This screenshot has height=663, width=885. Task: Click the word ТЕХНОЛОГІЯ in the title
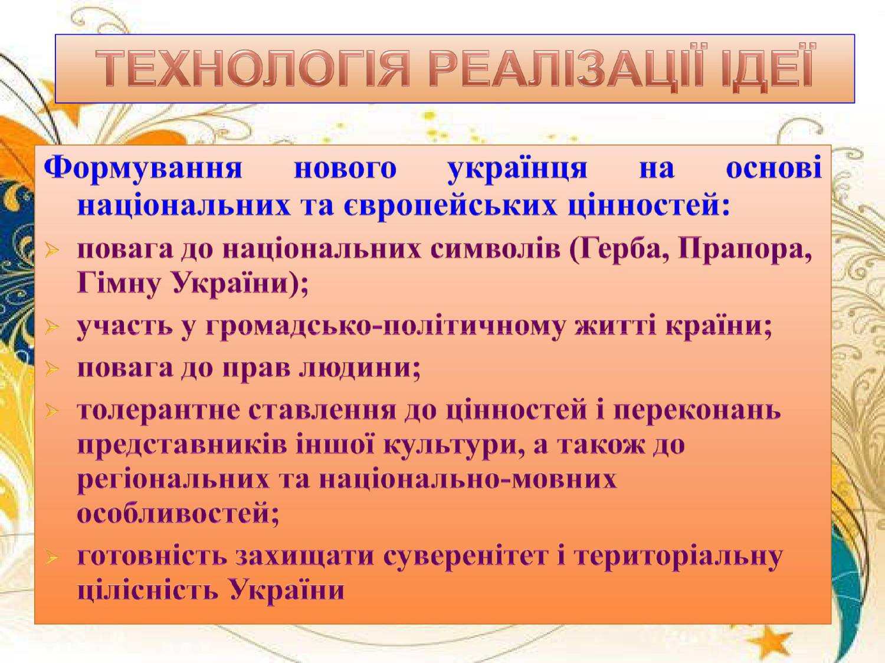(253, 68)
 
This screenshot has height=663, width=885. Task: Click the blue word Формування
(143, 168)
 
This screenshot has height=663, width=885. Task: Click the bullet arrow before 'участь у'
(52, 326)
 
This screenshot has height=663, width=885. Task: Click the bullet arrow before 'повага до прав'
(52, 369)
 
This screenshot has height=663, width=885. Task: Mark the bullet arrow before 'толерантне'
(52, 412)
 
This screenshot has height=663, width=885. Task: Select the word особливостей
(178, 514)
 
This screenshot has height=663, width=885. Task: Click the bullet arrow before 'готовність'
(52, 559)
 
